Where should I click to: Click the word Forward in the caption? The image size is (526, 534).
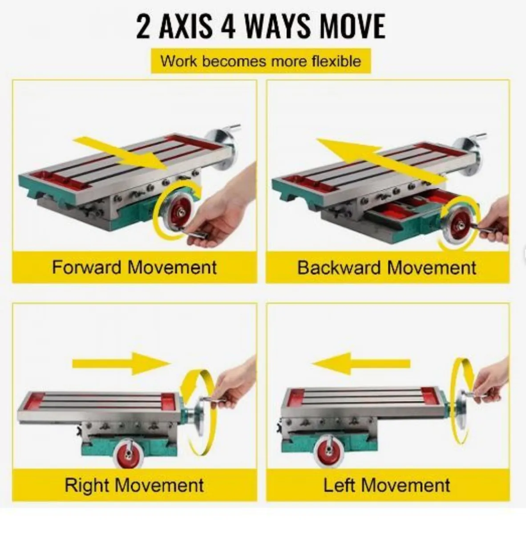point(87,267)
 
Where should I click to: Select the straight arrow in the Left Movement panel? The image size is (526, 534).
point(361,363)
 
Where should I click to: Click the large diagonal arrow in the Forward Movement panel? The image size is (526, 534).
point(122,154)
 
